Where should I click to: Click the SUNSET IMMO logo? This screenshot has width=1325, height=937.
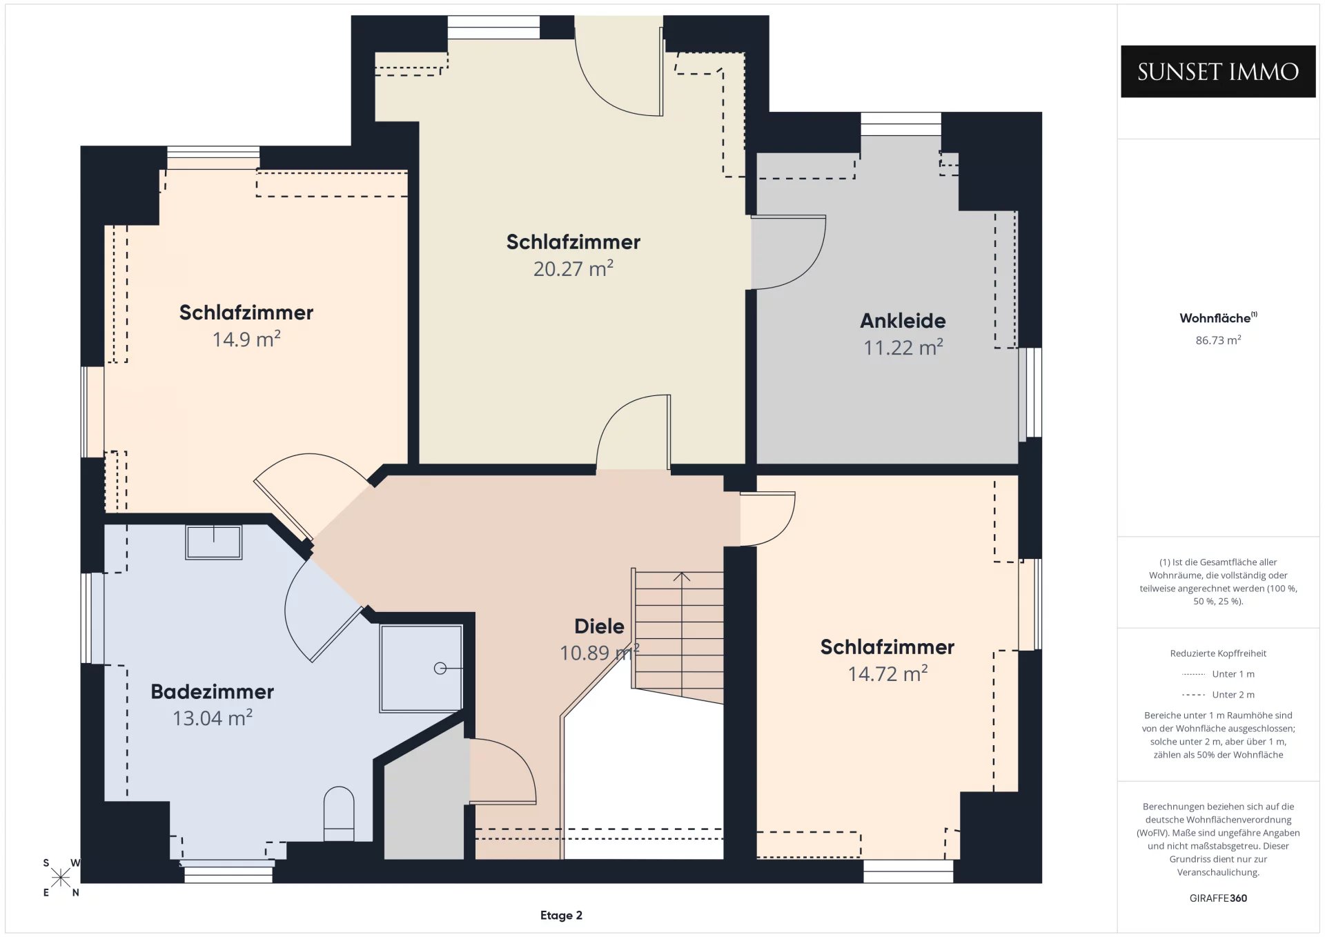point(1218,72)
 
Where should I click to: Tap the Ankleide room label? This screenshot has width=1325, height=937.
point(903,321)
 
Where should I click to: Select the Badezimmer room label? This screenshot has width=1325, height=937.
point(213,692)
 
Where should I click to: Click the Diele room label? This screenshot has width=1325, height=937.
point(599,627)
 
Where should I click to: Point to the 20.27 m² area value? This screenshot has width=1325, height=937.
point(573,268)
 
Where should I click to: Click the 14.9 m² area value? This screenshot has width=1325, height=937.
point(246,339)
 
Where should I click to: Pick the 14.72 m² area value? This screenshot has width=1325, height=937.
point(887,673)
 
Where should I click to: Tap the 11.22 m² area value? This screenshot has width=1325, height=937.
point(903,347)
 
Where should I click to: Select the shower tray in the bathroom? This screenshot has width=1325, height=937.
point(421,668)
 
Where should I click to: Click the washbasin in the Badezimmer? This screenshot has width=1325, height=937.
point(214,542)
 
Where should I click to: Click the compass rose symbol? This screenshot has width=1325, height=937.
point(61,878)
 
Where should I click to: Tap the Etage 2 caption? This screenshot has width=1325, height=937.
point(561,916)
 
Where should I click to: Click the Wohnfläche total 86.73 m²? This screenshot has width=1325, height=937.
point(1218,340)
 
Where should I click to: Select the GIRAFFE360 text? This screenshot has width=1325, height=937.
point(1218,898)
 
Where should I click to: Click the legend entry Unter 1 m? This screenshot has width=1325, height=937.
point(1218,674)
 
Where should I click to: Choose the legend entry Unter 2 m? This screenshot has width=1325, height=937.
point(1218,695)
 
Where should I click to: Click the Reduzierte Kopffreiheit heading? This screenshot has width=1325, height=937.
point(1218,653)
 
